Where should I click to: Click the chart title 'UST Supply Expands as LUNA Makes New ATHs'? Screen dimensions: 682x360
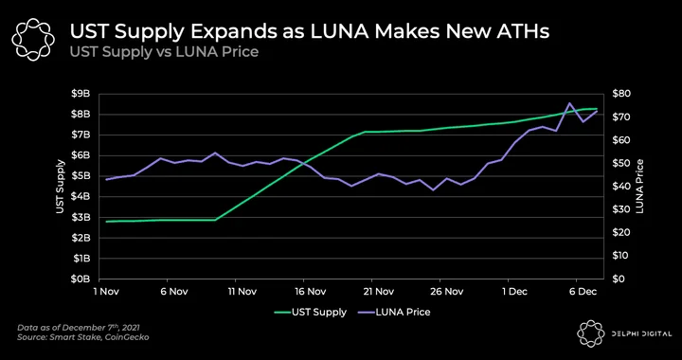point(309,32)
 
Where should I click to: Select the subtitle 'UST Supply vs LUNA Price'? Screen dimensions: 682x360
point(164,52)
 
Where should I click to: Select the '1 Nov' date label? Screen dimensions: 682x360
point(106,292)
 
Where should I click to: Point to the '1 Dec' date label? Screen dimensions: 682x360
point(515,292)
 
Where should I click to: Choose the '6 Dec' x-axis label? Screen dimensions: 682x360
point(583,292)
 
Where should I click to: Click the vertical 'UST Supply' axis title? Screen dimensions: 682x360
point(61,187)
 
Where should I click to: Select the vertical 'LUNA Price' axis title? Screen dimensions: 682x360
point(639,186)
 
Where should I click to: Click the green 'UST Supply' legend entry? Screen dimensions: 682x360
point(310,313)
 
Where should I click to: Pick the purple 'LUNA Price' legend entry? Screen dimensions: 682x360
point(394,313)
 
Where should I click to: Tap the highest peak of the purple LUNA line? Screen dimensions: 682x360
point(569,103)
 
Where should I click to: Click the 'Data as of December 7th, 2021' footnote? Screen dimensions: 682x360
point(79,328)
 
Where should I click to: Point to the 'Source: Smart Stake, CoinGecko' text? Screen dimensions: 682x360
point(83,337)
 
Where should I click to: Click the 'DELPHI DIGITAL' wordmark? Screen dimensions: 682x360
point(640,333)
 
